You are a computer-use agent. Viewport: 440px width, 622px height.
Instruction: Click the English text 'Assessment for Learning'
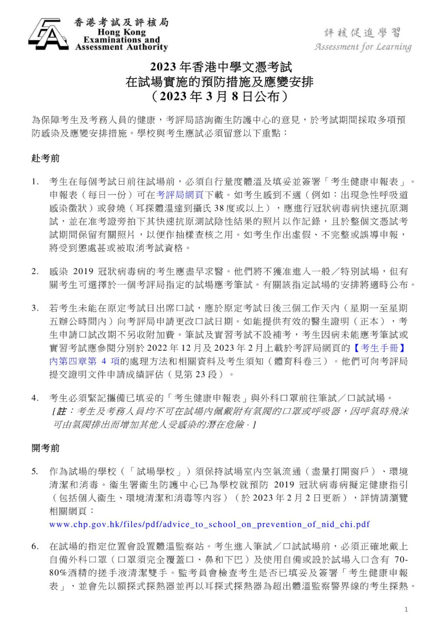363,47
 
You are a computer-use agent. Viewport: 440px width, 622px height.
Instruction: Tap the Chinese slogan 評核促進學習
362,33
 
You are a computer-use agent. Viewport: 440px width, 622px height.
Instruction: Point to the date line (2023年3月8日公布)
220,96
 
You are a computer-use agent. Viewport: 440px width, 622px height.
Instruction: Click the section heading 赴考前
46,158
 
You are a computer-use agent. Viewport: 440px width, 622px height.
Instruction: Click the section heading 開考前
46,448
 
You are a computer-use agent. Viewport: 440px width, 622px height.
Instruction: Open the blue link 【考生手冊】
380,348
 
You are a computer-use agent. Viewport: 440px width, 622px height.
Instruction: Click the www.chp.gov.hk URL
209,524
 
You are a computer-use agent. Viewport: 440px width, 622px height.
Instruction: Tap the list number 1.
35,182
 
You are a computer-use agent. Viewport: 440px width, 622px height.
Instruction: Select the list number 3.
35,308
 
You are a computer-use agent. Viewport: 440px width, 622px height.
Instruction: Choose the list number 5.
35,471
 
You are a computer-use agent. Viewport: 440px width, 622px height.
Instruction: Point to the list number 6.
35,546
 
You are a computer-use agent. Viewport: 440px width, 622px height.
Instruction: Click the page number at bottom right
406,609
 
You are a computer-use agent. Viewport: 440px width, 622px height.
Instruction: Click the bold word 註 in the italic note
61,411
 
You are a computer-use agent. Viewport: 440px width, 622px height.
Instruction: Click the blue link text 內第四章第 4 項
84,361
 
